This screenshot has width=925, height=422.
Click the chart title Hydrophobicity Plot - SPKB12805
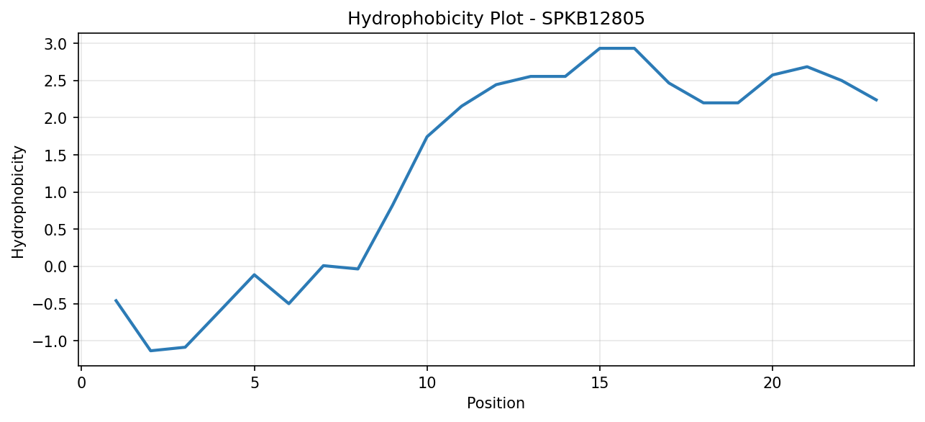[496, 19]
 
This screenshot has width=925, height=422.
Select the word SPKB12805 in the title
[593, 19]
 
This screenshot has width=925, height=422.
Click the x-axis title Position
[496, 403]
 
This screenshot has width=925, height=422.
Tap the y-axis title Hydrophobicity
[18, 202]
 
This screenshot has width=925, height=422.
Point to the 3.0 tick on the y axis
[56, 44]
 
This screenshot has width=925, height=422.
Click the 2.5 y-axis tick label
[56, 81]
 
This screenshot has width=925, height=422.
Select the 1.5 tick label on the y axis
[56, 156]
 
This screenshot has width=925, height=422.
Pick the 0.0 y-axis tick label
[56, 266]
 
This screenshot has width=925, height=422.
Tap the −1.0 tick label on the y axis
[50, 341]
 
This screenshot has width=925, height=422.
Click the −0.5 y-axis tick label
[50, 304]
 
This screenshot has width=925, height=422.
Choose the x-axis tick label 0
[82, 383]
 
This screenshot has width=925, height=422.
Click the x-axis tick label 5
[255, 383]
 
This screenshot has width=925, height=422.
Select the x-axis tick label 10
[427, 383]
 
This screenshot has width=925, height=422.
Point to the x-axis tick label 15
[600, 383]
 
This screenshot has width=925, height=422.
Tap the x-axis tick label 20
[773, 383]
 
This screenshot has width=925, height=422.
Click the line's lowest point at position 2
[151, 351]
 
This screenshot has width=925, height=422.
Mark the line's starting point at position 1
[116, 300]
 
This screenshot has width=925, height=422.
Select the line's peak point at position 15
[600, 48]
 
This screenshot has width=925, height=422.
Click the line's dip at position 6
[288, 303]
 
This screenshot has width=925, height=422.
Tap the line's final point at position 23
[876, 100]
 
